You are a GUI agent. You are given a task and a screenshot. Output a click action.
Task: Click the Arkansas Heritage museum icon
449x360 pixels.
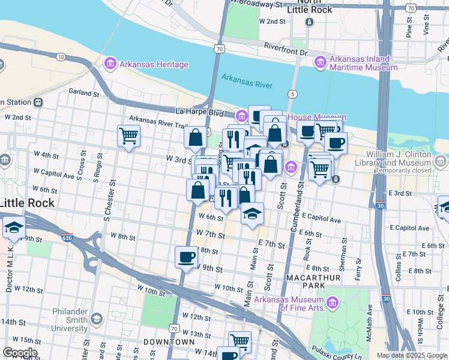[109, 64]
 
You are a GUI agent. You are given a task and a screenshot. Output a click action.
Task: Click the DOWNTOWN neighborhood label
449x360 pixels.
[169, 341]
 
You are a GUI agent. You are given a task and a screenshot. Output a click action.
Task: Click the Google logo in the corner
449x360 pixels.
[20, 353]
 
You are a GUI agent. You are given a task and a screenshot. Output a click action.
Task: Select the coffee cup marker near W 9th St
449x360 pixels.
[186, 257]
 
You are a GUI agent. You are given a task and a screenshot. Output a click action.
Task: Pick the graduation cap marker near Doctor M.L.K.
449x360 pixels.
[14, 228]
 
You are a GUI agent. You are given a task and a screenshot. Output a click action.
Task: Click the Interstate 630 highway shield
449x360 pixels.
[67, 238]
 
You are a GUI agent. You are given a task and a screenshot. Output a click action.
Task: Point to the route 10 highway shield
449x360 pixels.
[61, 56]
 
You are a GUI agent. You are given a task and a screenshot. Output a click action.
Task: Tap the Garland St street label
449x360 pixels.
[83, 93]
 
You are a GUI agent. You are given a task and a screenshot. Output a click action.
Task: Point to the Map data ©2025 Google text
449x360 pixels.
[411, 355]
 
